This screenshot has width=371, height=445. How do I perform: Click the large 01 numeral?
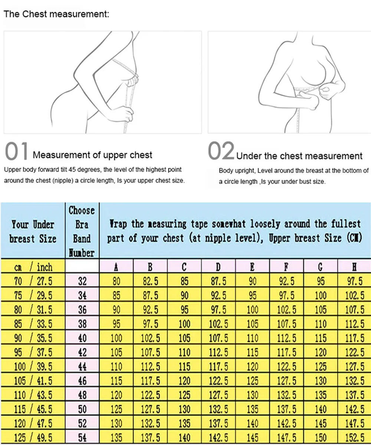[x=17, y=152]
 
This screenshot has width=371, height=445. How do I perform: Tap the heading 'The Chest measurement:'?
[x=56, y=14]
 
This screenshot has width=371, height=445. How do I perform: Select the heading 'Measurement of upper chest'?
[x=92, y=155]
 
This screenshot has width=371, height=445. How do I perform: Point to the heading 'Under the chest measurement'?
[x=299, y=156]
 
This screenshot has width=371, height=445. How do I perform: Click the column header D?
[x=219, y=267]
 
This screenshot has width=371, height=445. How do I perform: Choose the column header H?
[x=354, y=267]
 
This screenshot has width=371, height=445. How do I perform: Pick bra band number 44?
[x=82, y=367]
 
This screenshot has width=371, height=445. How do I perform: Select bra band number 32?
[x=82, y=281]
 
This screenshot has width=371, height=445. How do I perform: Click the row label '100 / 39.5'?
[x=33, y=367]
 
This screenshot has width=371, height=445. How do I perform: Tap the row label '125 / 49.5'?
[x=33, y=438]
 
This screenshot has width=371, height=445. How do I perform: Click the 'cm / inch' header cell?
[x=33, y=267]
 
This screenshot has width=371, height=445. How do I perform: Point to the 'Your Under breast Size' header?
[x=33, y=231]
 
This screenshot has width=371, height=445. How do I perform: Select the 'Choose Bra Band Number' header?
[x=82, y=231]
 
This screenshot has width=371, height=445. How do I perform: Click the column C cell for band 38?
[x=184, y=324]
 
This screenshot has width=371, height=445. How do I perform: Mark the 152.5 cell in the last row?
[x=354, y=438]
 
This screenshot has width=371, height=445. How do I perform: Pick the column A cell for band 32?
[x=116, y=281]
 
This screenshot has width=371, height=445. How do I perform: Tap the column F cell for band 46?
[x=286, y=381]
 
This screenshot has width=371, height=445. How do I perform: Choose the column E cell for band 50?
[x=252, y=409]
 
